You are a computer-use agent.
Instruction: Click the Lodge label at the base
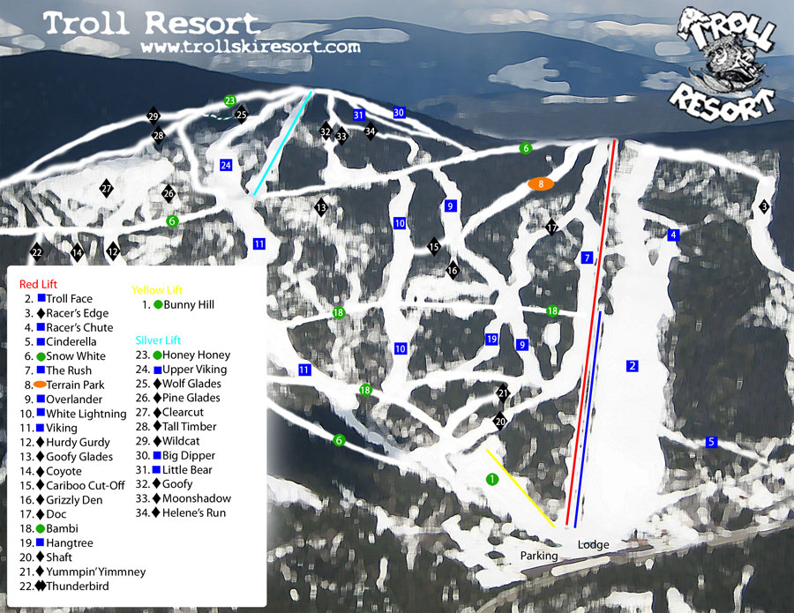pos(594,545)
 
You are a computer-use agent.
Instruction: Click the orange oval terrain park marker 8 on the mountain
pos(540,183)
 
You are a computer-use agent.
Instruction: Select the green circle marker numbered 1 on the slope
pos(492,479)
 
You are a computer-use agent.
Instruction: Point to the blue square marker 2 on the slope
pos(632,366)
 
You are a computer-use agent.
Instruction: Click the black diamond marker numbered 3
pos(764,206)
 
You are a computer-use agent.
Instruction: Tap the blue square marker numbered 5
pos(712,442)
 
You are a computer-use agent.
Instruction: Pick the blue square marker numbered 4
pos(674,235)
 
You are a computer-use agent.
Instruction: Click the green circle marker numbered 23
pos(230,101)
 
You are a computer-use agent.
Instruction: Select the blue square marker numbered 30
pos(399,113)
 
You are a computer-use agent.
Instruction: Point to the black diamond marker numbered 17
pos(552,228)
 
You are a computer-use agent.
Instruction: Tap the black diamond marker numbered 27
pos(107,189)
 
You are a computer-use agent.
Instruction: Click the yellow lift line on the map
pos(521,488)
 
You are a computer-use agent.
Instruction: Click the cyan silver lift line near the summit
pos(282,143)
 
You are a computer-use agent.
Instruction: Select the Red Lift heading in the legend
pos(38,284)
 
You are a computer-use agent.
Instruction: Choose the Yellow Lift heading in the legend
pos(155,288)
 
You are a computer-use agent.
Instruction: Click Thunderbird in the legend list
pos(79,586)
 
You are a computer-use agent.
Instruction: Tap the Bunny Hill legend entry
pos(188,305)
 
